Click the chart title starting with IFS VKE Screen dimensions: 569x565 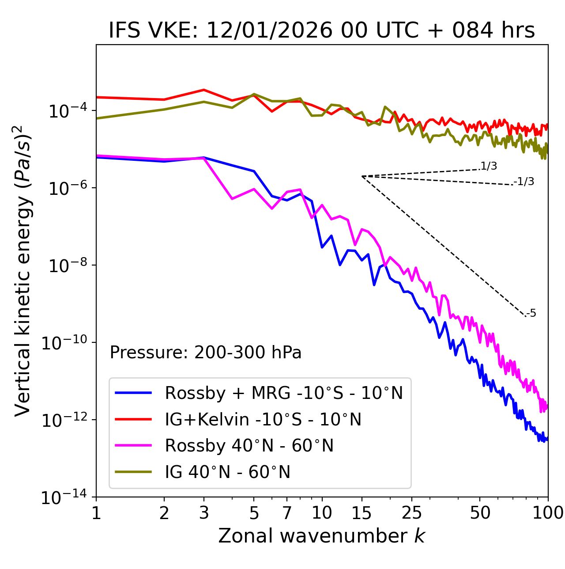(x=322, y=31)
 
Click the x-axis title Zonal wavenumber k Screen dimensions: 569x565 (x=321, y=536)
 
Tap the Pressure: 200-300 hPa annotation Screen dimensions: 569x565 (x=206, y=353)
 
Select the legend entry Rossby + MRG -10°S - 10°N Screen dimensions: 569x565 (x=284, y=393)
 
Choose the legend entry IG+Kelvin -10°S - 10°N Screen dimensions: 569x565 (x=263, y=419)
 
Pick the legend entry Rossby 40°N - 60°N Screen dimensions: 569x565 (x=249, y=446)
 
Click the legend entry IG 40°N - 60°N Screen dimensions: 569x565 (x=228, y=472)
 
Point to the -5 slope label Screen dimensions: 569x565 (x=531, y=314)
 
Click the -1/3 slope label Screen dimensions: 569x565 (x=524, y=182)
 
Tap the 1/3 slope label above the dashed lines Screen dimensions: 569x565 (x=489, y=166)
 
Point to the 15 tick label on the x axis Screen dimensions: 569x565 (x=362, y=513)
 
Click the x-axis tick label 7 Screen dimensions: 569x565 (x=287, y=513)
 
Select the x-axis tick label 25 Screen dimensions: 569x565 (x=412, y=513)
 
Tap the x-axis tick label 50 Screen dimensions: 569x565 (x=480, y=513)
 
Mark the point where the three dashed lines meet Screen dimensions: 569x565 (x=362, y=176)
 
